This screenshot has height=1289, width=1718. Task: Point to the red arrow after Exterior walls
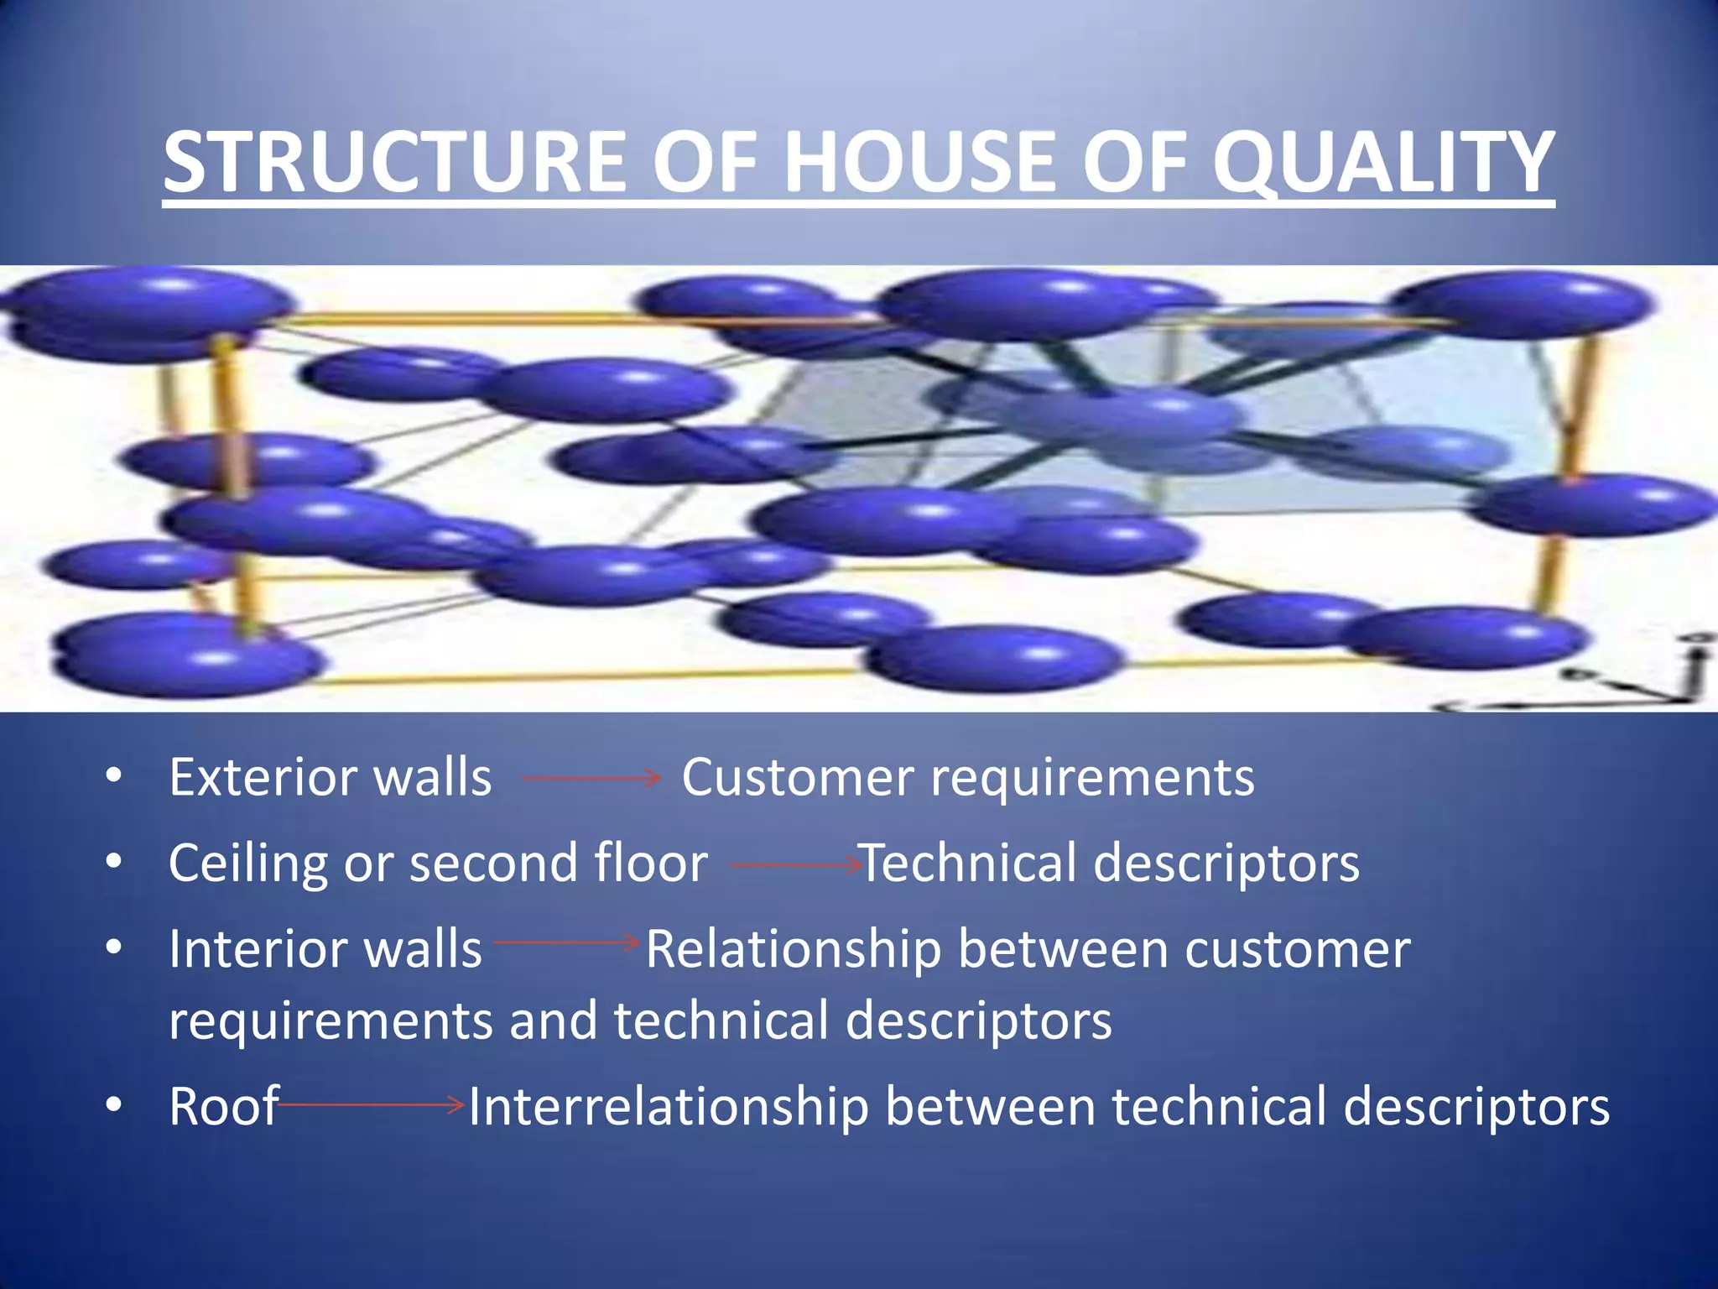click(592, 779)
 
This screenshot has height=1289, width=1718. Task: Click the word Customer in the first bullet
click(797, 777)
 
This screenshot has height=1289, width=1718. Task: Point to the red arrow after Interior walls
click(567, 942)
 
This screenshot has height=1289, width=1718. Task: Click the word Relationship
click(793, 949)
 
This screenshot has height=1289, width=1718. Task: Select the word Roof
click(222, 1107)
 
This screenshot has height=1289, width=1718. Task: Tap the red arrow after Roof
click(371, 1105)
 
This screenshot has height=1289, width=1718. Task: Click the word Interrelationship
click(668, 1107)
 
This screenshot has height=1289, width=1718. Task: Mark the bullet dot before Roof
click(114, 1105)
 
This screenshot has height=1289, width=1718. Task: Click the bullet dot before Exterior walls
click(114, 776)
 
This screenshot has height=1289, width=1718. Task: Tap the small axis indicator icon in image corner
click(1644, 680)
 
